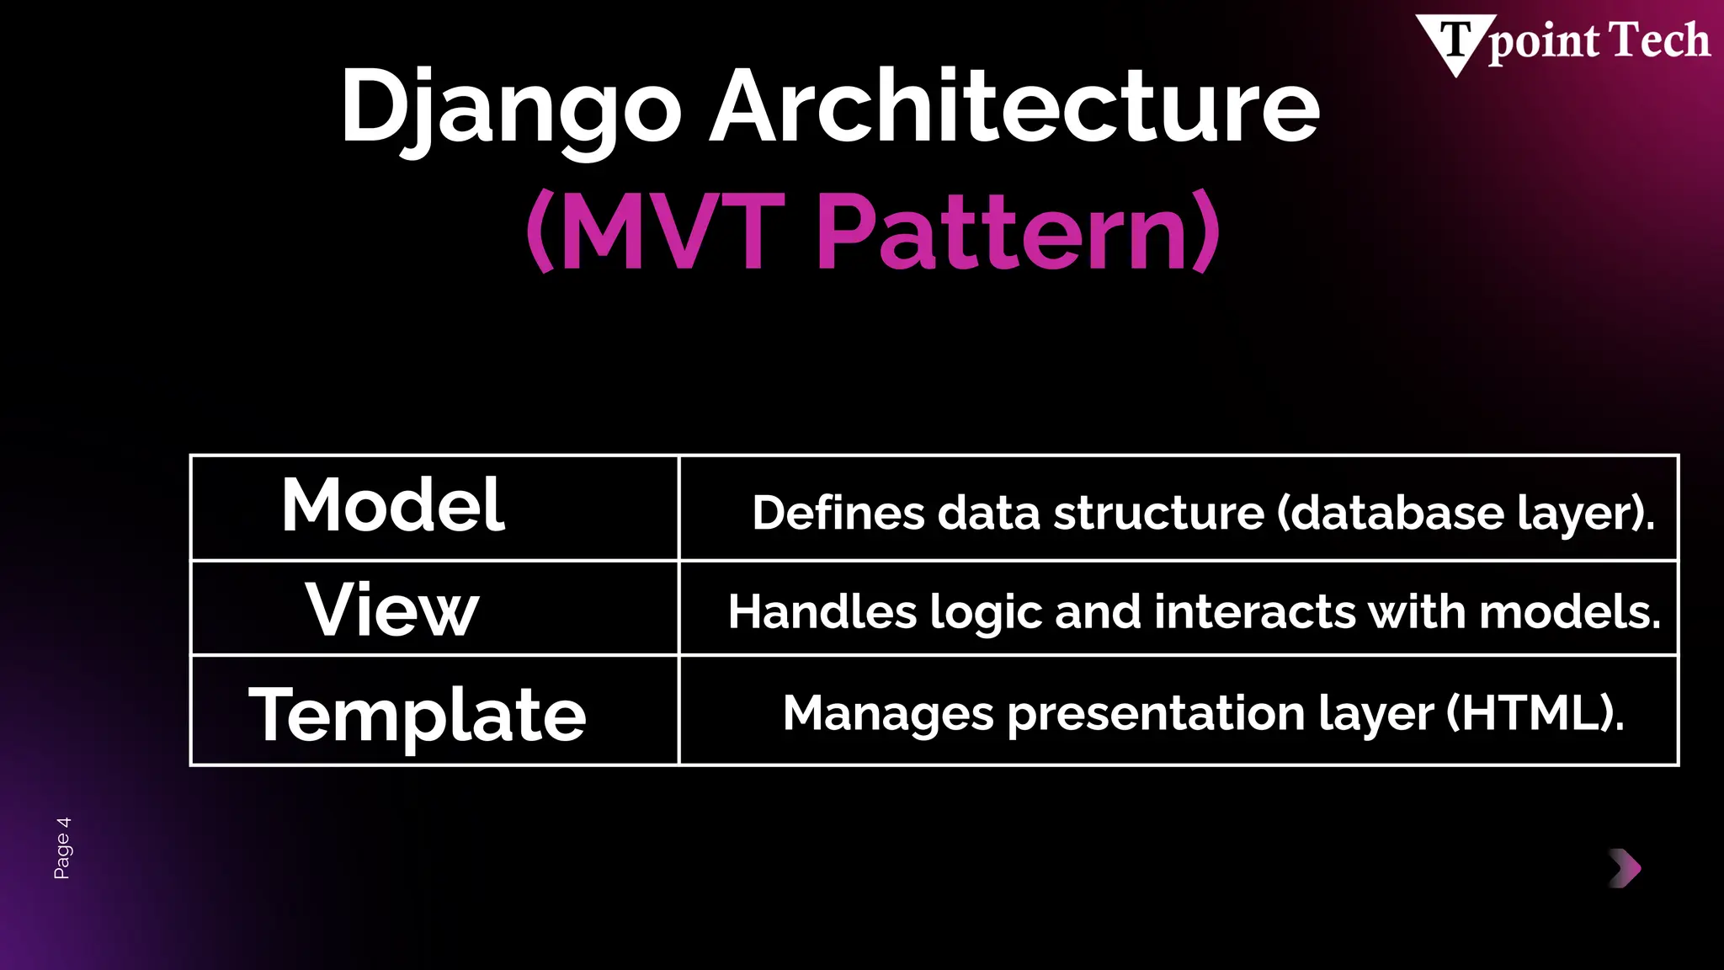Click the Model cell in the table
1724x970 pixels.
click(392, 505)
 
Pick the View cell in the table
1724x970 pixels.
click(392, 610)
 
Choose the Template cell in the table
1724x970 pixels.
click(418, 714)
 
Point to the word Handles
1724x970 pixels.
click(822, 611)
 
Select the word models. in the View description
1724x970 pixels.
click(1570, 611)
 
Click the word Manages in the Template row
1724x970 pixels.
click(888, 713)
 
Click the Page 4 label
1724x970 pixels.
click(62, 848)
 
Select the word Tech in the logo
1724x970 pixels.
click(1659, 40)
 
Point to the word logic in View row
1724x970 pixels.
click(986, 612)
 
